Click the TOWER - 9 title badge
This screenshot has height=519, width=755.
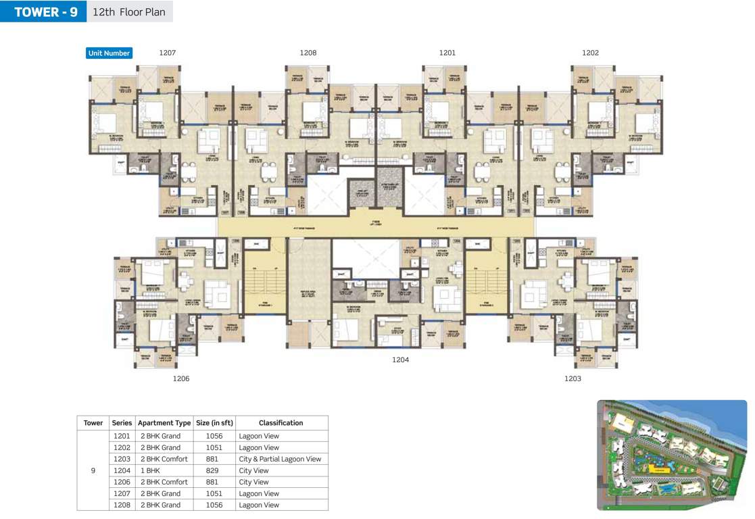43,11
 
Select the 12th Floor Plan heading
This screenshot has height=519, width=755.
128,11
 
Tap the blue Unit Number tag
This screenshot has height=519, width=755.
109,53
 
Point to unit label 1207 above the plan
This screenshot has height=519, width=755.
168,53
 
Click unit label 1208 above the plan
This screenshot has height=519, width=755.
308,53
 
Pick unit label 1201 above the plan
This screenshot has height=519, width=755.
447,53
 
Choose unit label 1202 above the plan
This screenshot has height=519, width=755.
590,53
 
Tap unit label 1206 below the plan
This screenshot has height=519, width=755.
181,378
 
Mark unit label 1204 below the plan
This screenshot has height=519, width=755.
401,360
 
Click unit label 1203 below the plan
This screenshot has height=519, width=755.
573,378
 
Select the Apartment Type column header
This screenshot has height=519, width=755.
164,423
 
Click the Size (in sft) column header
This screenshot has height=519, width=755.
214,423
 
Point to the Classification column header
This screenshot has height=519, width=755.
281,423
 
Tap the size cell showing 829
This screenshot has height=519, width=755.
214,470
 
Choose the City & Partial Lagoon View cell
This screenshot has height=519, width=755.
280,459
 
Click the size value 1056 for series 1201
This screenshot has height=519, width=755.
214,436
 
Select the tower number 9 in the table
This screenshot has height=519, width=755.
93,470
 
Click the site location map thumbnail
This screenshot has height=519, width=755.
672,455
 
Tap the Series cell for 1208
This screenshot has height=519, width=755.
122,505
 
